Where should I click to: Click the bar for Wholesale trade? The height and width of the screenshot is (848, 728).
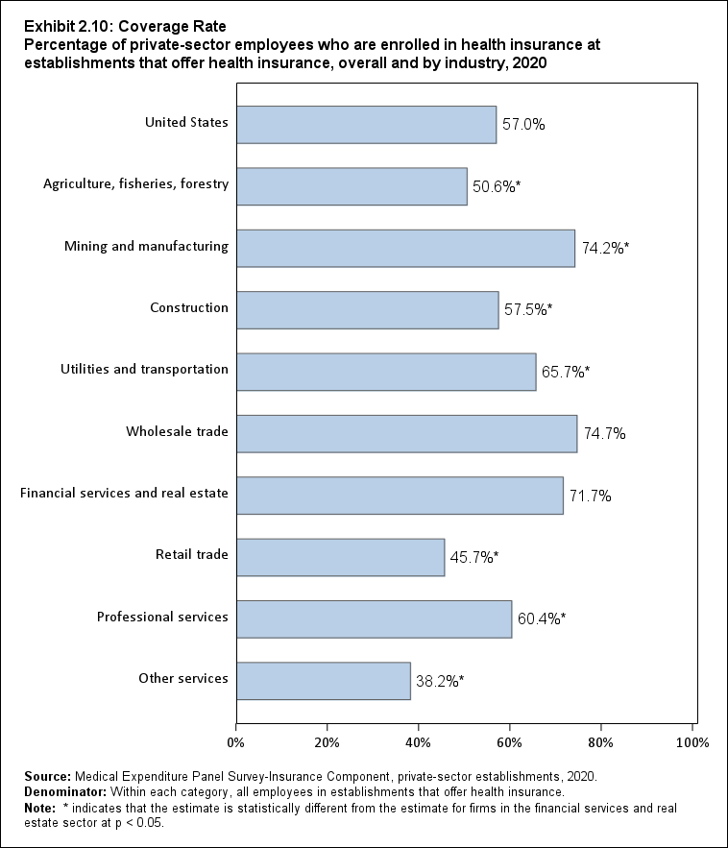coord(406,433)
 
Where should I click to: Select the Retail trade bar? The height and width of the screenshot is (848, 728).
coord(340,557)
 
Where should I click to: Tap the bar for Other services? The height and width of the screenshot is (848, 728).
coord(323,680)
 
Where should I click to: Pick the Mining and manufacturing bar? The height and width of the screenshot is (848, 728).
coord(405,248)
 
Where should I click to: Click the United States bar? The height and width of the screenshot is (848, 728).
coord(366,124)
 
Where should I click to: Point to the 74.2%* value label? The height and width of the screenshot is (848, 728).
coord(605,249)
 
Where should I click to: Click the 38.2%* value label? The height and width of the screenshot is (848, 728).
coord(440,681)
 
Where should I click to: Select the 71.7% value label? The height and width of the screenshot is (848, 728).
coord(590,497)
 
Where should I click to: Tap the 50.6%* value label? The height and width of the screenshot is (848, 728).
coord(497,187)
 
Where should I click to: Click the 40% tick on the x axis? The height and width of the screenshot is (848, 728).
coord(418,742)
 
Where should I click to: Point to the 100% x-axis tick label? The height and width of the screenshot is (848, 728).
coord(692,742)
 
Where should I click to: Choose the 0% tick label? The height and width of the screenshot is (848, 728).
coord(235,742)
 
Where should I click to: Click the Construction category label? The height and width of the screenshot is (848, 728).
coord(189,308)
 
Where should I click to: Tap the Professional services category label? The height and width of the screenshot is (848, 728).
coord(162,617)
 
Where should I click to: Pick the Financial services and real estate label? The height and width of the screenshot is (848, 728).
coord(124,494)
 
